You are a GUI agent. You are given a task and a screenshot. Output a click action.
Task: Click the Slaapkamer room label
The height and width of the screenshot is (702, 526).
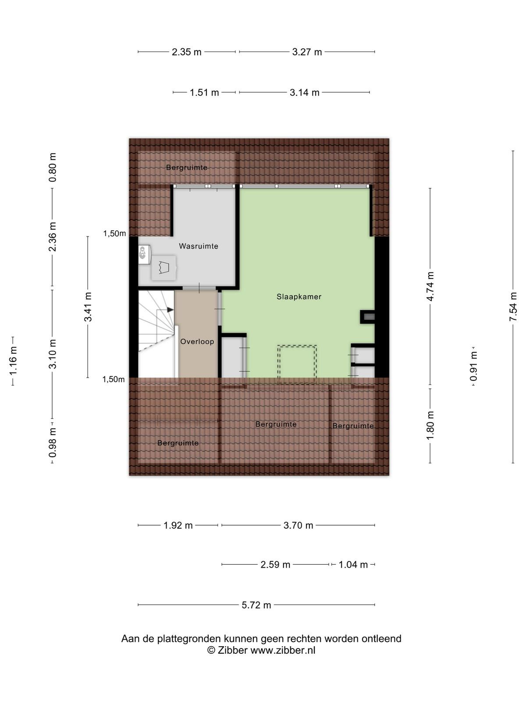tap(299, 297)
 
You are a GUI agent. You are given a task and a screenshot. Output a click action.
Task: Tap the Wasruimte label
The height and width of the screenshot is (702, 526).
tap(198, 246)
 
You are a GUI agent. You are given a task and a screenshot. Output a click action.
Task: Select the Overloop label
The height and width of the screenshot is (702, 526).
tap(197, 341)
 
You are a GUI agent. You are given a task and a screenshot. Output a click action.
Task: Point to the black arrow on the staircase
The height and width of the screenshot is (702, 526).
tap(170, 310)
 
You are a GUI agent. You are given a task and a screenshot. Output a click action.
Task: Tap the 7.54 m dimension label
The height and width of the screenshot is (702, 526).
tap(513, 307)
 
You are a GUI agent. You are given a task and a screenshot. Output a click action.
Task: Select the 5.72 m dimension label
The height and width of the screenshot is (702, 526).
tap(256, 605)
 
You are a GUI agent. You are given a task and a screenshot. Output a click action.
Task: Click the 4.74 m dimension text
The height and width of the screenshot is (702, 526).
tap(430, 286)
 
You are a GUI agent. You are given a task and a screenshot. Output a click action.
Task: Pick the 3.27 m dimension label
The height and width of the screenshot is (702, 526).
tap(307, 52)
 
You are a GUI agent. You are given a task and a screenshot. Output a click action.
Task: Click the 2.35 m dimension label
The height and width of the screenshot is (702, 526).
tap(187, 52)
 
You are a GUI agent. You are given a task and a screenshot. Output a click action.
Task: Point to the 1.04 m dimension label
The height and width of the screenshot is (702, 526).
tap(353, 565)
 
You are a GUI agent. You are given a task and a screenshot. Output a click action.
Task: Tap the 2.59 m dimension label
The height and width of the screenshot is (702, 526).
tap(275, 565)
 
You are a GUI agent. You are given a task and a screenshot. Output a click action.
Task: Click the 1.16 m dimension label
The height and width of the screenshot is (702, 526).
tap(13, 361)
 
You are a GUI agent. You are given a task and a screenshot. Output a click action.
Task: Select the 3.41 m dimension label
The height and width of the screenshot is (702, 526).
tap(88, 307)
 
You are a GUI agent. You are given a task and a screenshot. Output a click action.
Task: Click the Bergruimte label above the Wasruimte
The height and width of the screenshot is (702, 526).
tap(187, 167)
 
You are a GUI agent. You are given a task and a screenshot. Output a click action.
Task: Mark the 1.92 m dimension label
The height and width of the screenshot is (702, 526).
tap(178, 525)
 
